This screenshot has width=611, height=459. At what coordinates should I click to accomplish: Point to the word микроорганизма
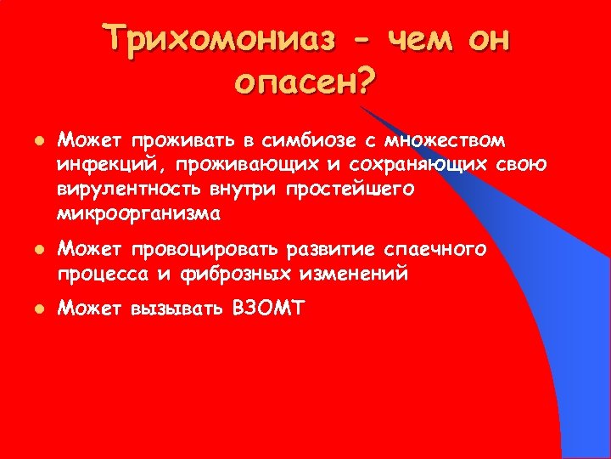coord(137,213)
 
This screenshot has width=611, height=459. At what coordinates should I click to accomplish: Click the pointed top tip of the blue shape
coord(362,106)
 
